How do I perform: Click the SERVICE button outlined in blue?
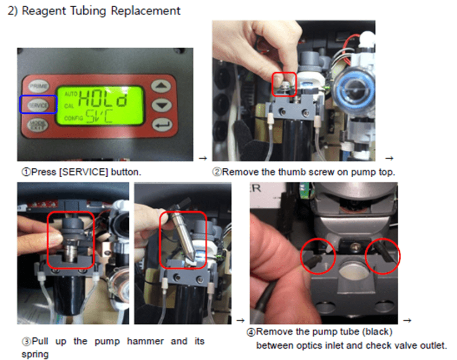tap(38, 104)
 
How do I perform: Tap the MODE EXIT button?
tap(38, 125)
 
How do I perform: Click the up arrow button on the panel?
tap(161, 86)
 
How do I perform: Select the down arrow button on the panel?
tap(162, 105)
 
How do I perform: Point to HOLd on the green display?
tap(103, 98)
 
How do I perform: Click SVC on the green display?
tap(99, 116)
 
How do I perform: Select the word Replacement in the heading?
tap(145, 11)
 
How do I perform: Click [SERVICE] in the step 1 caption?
tap(83, 172)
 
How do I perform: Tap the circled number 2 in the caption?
tap(217, 172)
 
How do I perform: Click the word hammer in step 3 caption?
tap(145, 341)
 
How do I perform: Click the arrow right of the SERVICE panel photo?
tap(203, 158)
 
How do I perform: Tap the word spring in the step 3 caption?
tap(35, 355)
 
